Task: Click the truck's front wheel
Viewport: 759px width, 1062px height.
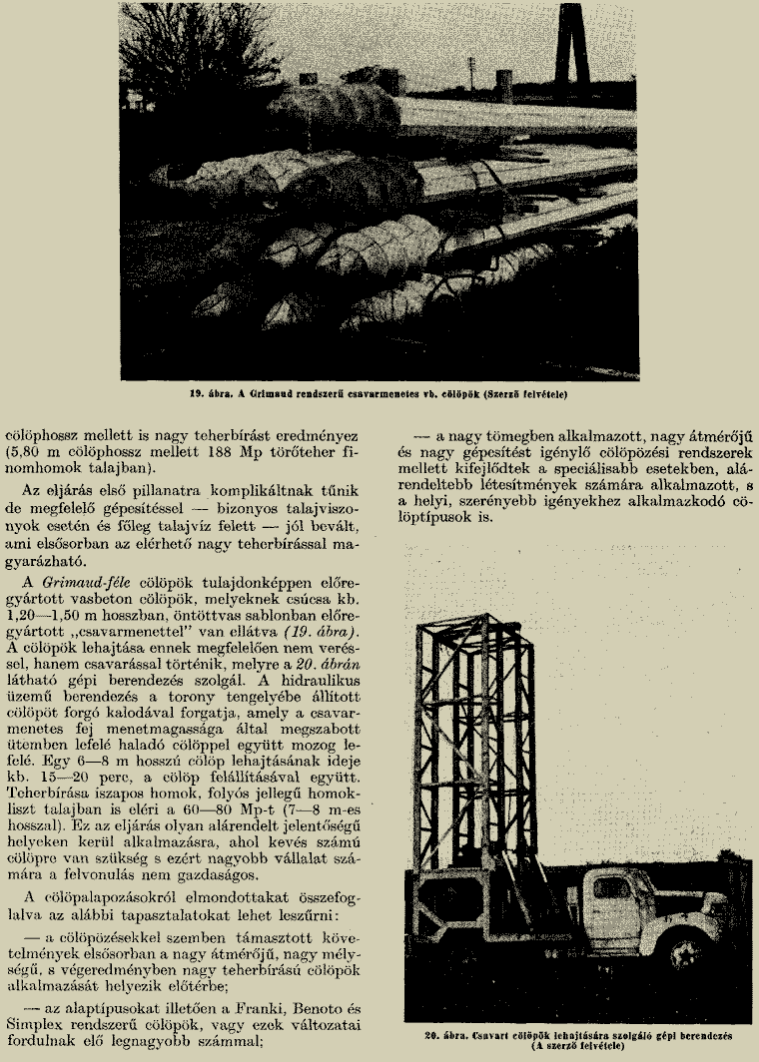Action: coord(688,948)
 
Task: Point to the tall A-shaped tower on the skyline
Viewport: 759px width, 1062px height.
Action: coord(574,40)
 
